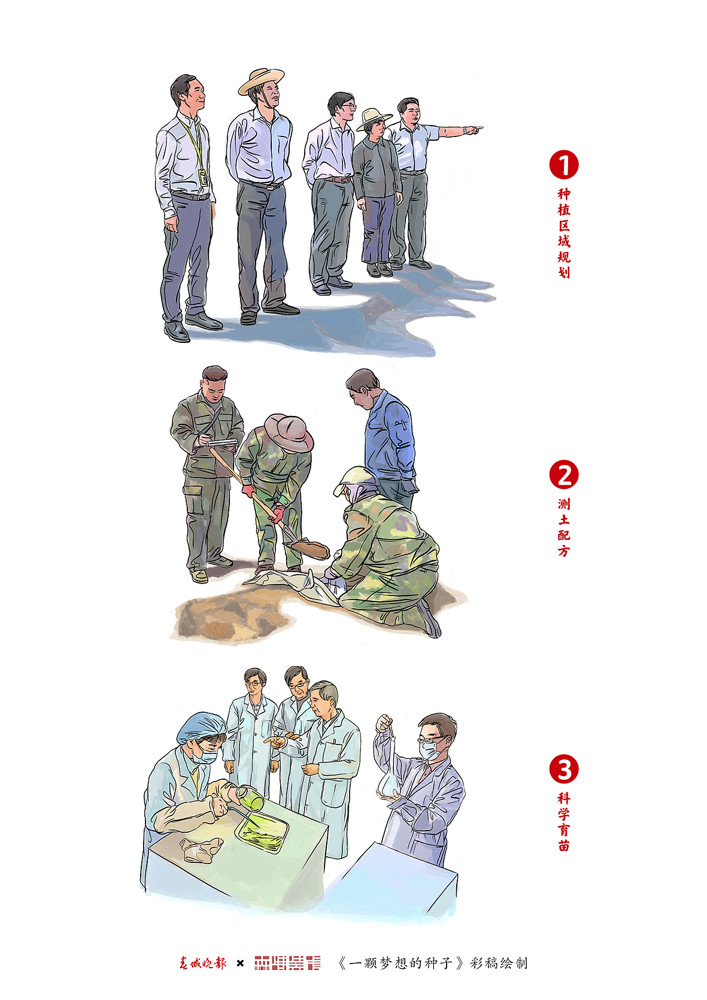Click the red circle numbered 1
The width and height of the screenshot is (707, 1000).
pos(564,165)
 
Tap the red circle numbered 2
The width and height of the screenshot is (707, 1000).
pos(564,475)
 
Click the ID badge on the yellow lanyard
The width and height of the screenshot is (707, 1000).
pos(203,178)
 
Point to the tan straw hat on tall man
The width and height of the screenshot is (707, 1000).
pos(261,80)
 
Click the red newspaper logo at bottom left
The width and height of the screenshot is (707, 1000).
pos(203,963)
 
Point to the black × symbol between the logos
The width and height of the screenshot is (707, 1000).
pos(240,963)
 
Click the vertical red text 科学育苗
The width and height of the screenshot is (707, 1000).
pos(564,822)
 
